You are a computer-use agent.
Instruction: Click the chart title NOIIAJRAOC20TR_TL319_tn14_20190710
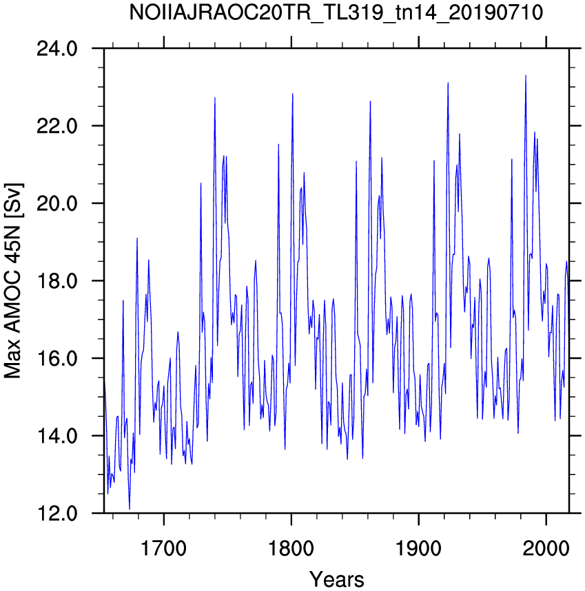[x=336, y=13]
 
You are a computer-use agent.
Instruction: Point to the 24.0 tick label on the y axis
[x=57, y=49]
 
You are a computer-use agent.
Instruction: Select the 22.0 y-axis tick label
[x=57, y=126]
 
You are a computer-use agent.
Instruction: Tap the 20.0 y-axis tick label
[x=57, y=203]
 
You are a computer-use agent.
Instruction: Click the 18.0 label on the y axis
[x=57, y=281]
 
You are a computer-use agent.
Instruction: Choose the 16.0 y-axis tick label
[x=57, y=358]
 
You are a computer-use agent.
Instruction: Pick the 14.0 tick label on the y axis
[x=57, y=436]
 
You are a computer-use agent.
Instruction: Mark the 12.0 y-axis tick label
[x=57, y=513]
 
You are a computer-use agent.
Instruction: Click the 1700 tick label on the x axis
[x=163, y=549]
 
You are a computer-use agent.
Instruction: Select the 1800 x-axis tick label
[x=291, y=549]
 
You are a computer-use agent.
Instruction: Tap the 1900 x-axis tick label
[x=418, y=549]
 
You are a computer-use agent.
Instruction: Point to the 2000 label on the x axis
[x=546, y=549]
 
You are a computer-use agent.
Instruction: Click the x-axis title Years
[x=337, y=579]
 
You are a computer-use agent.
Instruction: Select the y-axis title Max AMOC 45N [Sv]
[x=14, y=281]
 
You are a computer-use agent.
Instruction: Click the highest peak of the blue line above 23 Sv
[x=526, y=75]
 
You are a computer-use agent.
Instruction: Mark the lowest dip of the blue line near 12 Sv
[x=130, y=509]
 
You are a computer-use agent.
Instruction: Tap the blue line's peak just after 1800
[x=292, y=94]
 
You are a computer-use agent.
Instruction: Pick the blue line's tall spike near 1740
[x=215, y=98]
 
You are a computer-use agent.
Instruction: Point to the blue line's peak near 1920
[x=448, y=83]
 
